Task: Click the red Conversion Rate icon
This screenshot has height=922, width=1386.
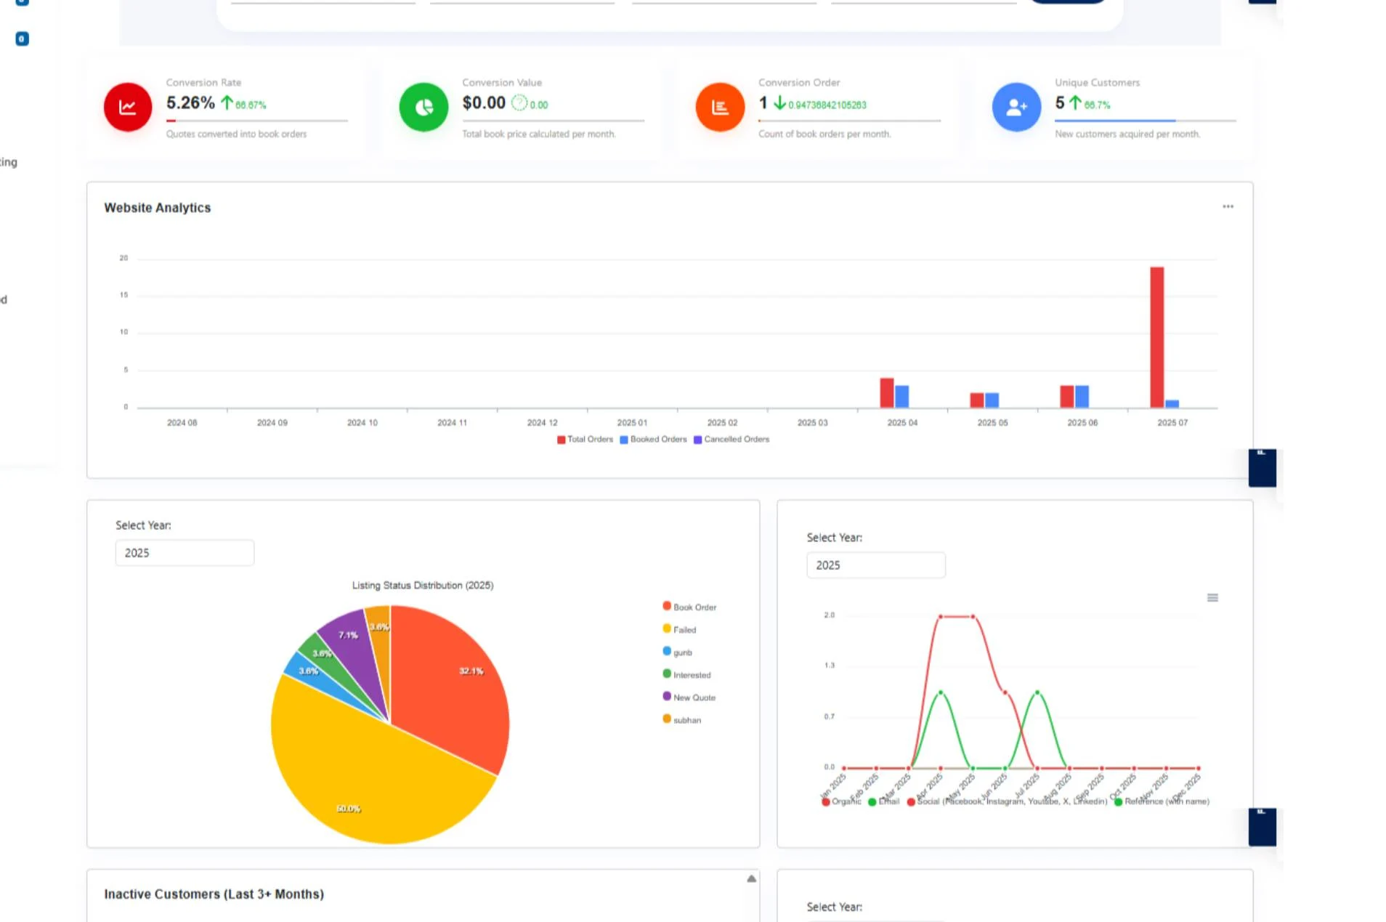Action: (x=127, y=107)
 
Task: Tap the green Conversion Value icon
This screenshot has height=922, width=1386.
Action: (x=423, y=107)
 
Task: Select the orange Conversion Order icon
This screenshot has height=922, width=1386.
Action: (x=720, y=107)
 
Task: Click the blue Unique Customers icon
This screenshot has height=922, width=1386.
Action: (x=1016, y=107)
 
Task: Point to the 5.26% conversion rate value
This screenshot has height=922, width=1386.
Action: (x=190, y=103)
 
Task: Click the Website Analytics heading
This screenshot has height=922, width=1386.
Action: (x=157, y=208)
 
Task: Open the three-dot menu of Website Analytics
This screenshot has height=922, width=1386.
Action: (x=1228, y=207)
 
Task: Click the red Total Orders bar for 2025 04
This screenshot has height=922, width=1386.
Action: (x=886, y=393)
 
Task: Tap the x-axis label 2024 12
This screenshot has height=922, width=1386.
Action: (x=542, y=423)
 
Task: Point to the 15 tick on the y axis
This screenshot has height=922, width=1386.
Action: (x=123, y=295)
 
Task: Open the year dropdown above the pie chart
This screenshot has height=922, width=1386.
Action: (x=185, y=553)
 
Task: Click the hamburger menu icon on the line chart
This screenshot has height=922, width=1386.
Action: (x=1212, y=598)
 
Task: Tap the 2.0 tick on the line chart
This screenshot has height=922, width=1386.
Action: (x=829, y=615)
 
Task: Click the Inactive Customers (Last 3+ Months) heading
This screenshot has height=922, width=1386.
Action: (x=214, y=894)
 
